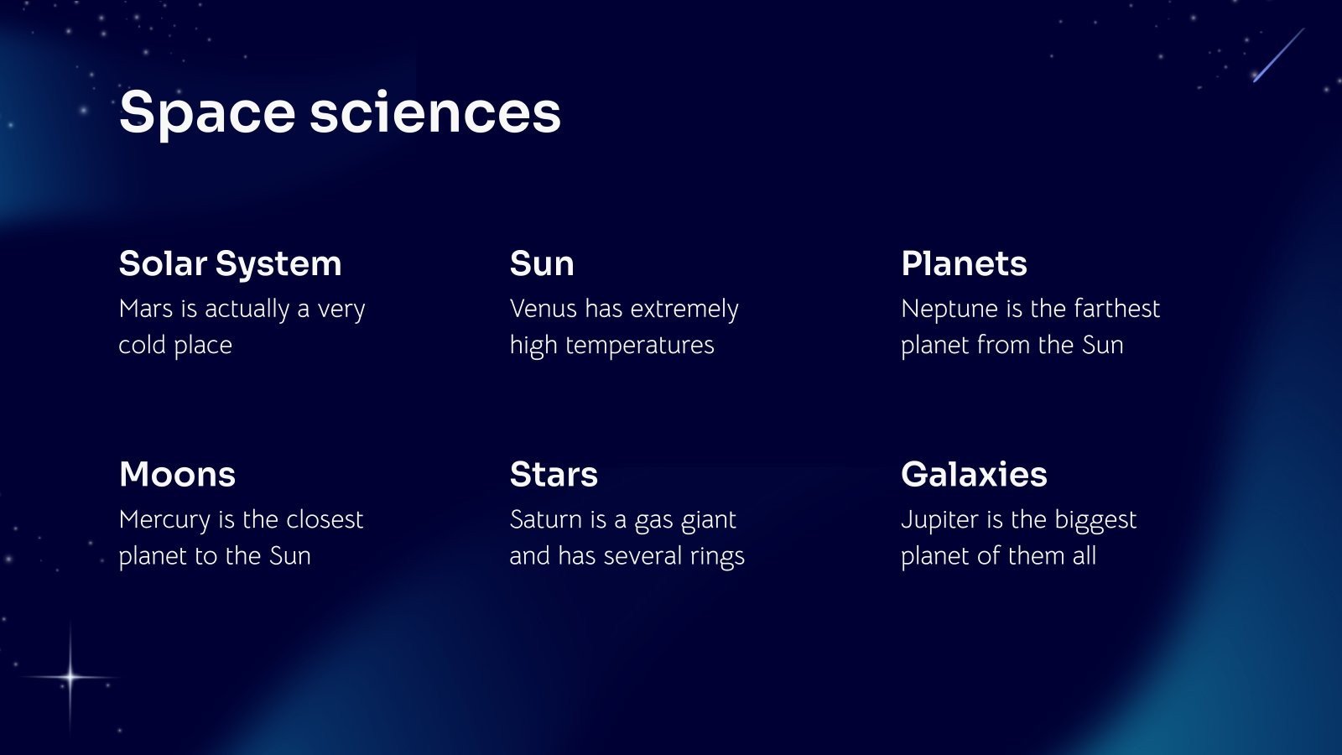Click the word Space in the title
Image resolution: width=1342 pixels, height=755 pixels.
click(207, 113)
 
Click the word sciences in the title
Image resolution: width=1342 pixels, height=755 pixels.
click(434, 113)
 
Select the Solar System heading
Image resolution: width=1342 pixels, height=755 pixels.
click(230, 263)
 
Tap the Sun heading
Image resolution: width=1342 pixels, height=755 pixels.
click(542, 263)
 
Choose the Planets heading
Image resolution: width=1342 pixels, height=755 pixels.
click(964, 263)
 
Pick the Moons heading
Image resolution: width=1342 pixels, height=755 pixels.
click(177, 474)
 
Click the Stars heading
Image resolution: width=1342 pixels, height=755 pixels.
click(554, 474)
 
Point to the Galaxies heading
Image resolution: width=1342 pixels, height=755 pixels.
click(974, 474)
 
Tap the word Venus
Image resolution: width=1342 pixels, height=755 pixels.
click(544, 309)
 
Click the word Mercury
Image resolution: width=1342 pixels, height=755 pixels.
click(164, 520)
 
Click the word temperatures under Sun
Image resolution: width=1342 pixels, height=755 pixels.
click(640, 346)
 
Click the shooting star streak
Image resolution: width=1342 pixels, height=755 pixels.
click(1279, 55)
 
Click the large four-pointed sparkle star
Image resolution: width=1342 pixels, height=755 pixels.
click(70, 676)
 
